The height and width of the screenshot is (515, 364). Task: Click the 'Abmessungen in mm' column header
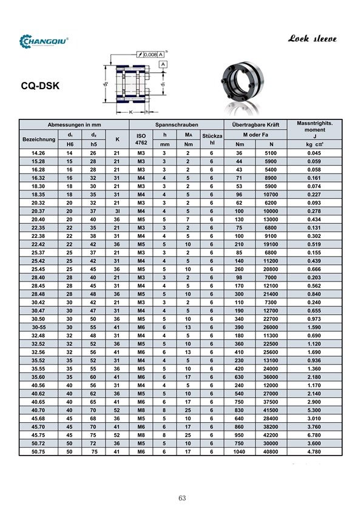coord(74,124)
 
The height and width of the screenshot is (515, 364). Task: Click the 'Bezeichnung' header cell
coord(39,140)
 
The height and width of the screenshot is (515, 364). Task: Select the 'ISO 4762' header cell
coord(141,139)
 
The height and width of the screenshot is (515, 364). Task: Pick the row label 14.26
coord(39,153)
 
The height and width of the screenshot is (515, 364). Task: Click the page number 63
coord(182,499)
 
